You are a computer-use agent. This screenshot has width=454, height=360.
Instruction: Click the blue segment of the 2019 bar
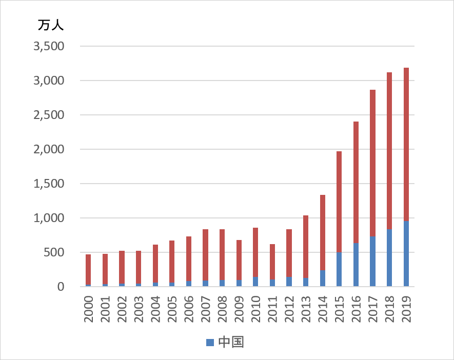coord(406,254)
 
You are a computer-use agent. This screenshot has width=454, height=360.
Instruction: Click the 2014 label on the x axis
coord(323,308)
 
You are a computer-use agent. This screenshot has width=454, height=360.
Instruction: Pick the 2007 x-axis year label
coord(206,308)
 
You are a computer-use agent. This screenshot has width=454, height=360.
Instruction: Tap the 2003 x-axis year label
coord(139,308)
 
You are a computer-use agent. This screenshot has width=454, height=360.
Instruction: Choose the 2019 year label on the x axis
coord(406,308)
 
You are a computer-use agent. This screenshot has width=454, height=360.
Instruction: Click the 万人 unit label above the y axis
coord(51,25)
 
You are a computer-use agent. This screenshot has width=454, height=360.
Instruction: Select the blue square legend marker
coord(209,342)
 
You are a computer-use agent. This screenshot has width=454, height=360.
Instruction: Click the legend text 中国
coord(230,342)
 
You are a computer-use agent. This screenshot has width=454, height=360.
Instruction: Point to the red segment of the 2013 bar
coord(306,247)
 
